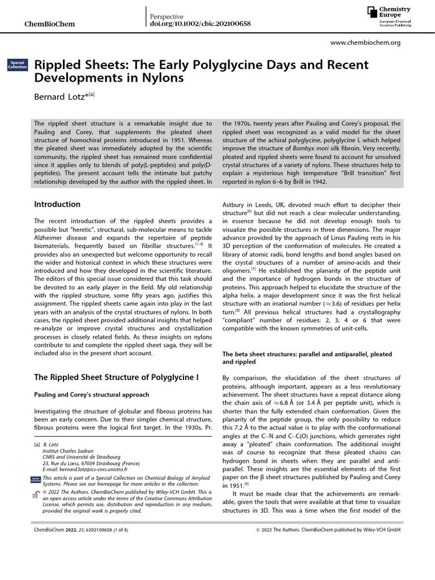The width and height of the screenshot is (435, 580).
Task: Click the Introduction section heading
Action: [x=57, y=204]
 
